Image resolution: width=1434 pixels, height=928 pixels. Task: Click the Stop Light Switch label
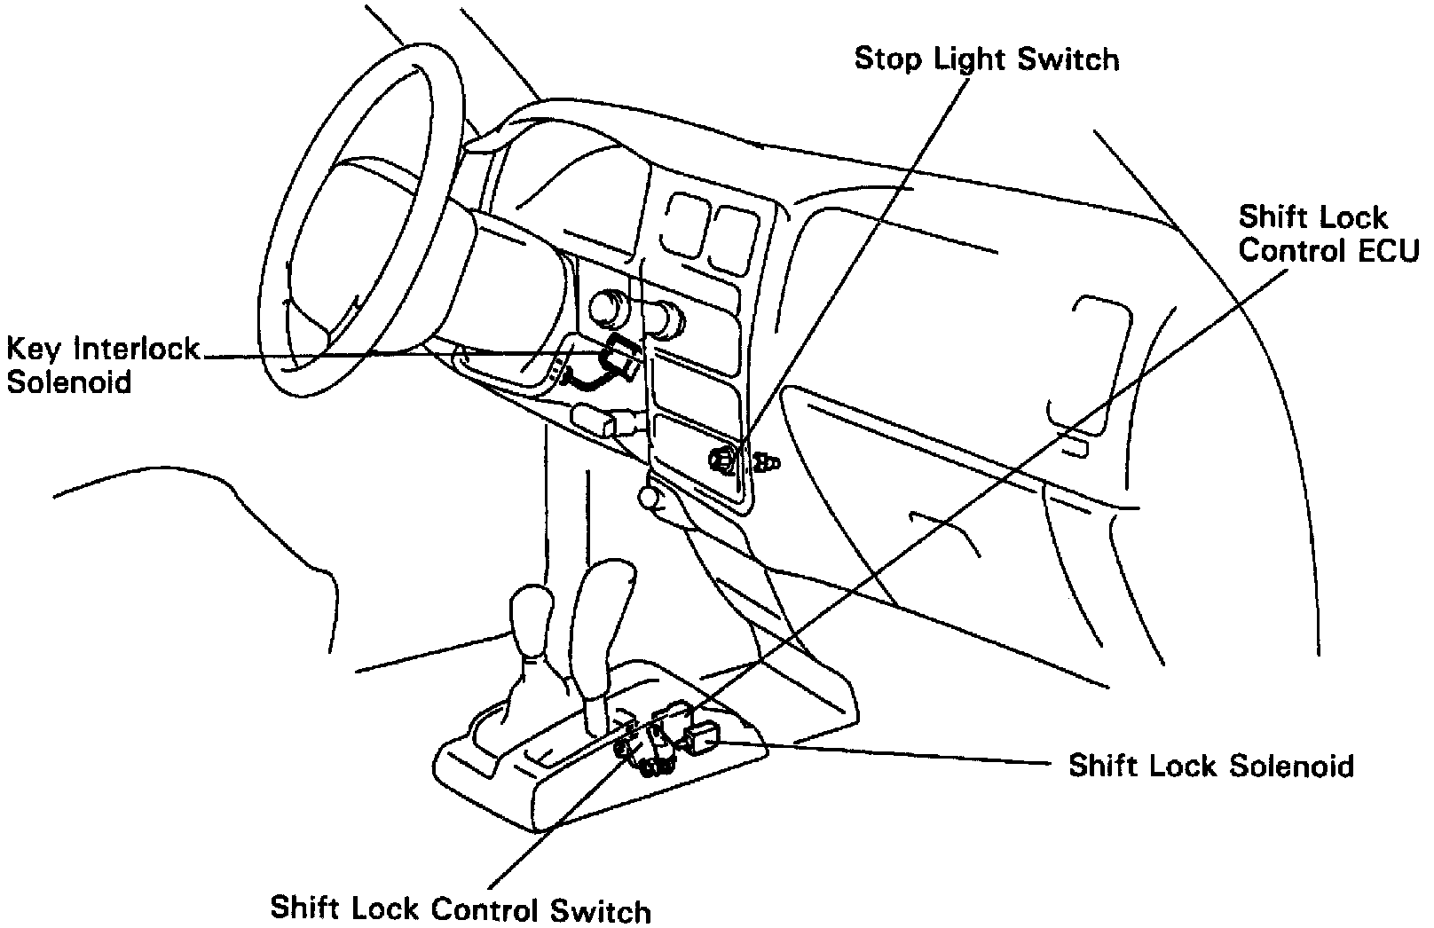click(x=986, y=60)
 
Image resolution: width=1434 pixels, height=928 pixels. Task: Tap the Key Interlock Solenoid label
click(x=103, y=365)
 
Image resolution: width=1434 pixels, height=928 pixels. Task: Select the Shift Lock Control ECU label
click(x=1328, y=234)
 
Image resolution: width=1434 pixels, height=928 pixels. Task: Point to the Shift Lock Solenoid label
click(x=1210, y=767)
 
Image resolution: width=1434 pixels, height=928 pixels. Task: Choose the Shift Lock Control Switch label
click(x=460, y=909)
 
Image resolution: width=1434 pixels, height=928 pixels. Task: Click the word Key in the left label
click(x=34, y=350)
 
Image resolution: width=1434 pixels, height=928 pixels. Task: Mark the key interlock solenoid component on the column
click(x=619, y=359)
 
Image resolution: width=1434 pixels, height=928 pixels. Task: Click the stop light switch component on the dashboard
click(x=722, y=459)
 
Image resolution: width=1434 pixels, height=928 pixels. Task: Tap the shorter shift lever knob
click(x=531, y=619)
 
